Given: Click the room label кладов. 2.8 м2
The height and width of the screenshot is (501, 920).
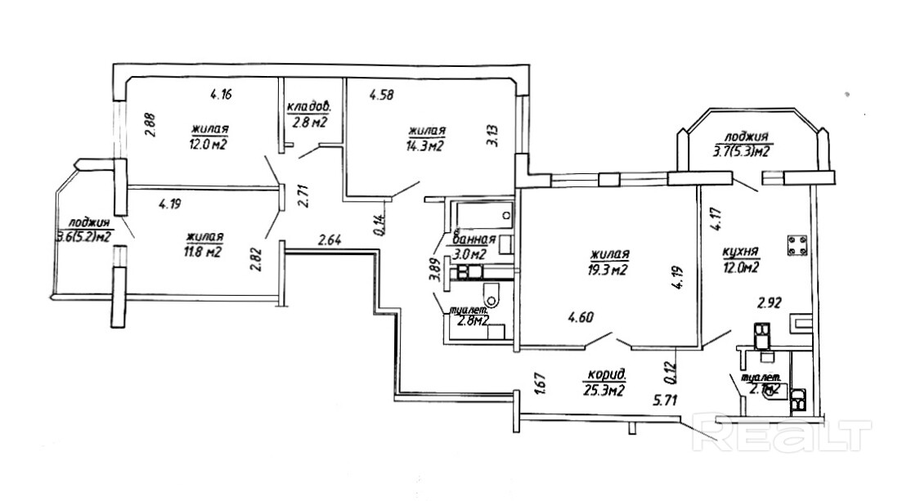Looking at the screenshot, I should pyautogui.click(x=307, y=115).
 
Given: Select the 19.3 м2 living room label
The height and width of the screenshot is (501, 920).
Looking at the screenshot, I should pyautogui.click(x=606, y=271).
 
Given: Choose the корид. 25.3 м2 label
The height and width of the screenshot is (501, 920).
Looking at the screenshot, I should pyautogui.click(x=606, y=382).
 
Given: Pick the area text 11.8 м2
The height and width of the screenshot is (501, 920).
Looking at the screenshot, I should pyautogui.click(x=204, y=251).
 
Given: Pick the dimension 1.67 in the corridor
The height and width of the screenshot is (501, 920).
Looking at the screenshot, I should pyautogui.click(x=539, y=382).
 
